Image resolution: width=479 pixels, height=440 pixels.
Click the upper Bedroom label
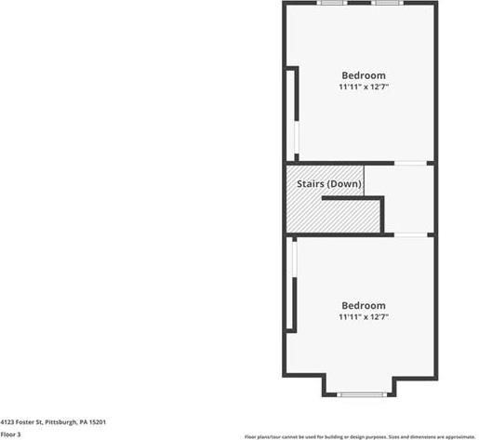[364, 75]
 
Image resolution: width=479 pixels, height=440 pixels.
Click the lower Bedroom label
[364, 305]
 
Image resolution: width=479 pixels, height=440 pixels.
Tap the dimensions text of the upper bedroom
[364, 87]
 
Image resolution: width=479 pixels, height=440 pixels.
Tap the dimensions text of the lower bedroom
[364, 317]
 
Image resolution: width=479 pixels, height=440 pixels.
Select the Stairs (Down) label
[329, 184]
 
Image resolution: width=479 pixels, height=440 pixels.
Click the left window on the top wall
[332, 3]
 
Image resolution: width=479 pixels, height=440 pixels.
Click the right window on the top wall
[387, 3]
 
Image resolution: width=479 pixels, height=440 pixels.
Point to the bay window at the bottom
[360, 394]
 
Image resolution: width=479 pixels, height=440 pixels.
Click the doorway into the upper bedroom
[410, 163]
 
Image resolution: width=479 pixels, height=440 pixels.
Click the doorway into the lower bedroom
[410, 235]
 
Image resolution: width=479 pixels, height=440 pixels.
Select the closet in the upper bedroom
[290, 114]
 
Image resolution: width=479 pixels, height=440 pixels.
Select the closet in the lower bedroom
[289, 284]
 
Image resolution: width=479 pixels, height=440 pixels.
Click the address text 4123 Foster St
[21, 422]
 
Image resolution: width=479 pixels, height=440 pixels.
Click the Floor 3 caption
[10, 434]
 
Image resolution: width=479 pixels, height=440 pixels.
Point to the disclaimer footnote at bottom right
[360, 437]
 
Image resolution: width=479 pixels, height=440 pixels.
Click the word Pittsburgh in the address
[60, 422]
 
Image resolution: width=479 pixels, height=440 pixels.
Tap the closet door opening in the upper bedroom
[297, 137]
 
